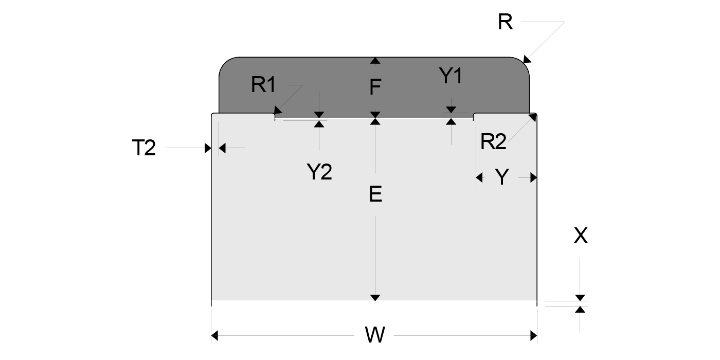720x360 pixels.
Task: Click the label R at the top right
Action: pos(505,22)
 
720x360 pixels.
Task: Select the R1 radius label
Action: pos(263,85)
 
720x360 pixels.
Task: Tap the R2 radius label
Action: pos(493,142)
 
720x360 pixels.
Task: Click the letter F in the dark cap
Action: pos(375,88)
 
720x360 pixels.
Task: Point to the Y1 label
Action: pos(451,77)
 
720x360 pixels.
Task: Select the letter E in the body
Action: pos(375,194)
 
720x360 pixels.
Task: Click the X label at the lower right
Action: pos(580,236)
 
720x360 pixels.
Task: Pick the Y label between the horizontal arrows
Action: pos(501,177)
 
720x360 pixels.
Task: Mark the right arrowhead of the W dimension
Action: pos(533,336)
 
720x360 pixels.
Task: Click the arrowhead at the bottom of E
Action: pos(375,297)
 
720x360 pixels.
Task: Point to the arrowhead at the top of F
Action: pos(375,61)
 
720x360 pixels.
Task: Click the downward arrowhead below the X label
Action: pos(580,297)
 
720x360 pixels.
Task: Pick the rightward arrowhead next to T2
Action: pos(208,148)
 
